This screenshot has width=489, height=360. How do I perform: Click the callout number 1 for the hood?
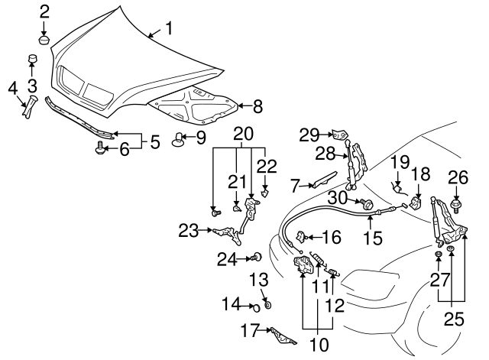tap(168, 30)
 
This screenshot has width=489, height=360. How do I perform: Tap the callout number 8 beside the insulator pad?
tap(257, 107)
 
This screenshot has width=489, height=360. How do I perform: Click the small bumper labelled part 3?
tap(32, 59)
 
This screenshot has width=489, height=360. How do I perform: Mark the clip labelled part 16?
tap(303, 237)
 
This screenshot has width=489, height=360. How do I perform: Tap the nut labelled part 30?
tap(366, 204)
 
